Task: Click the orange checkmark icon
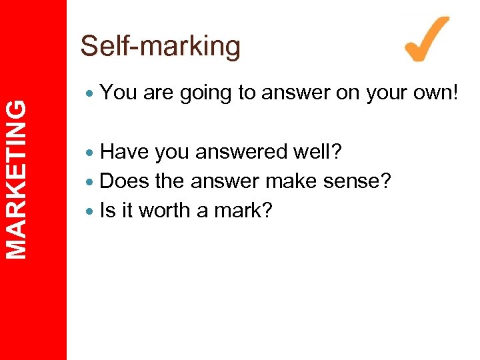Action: pos(427,40)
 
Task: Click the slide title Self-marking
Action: pos(160,46)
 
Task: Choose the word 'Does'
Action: pos(125,181)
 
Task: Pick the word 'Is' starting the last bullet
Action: pos(107,211)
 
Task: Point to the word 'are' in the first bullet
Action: pos(158,93)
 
